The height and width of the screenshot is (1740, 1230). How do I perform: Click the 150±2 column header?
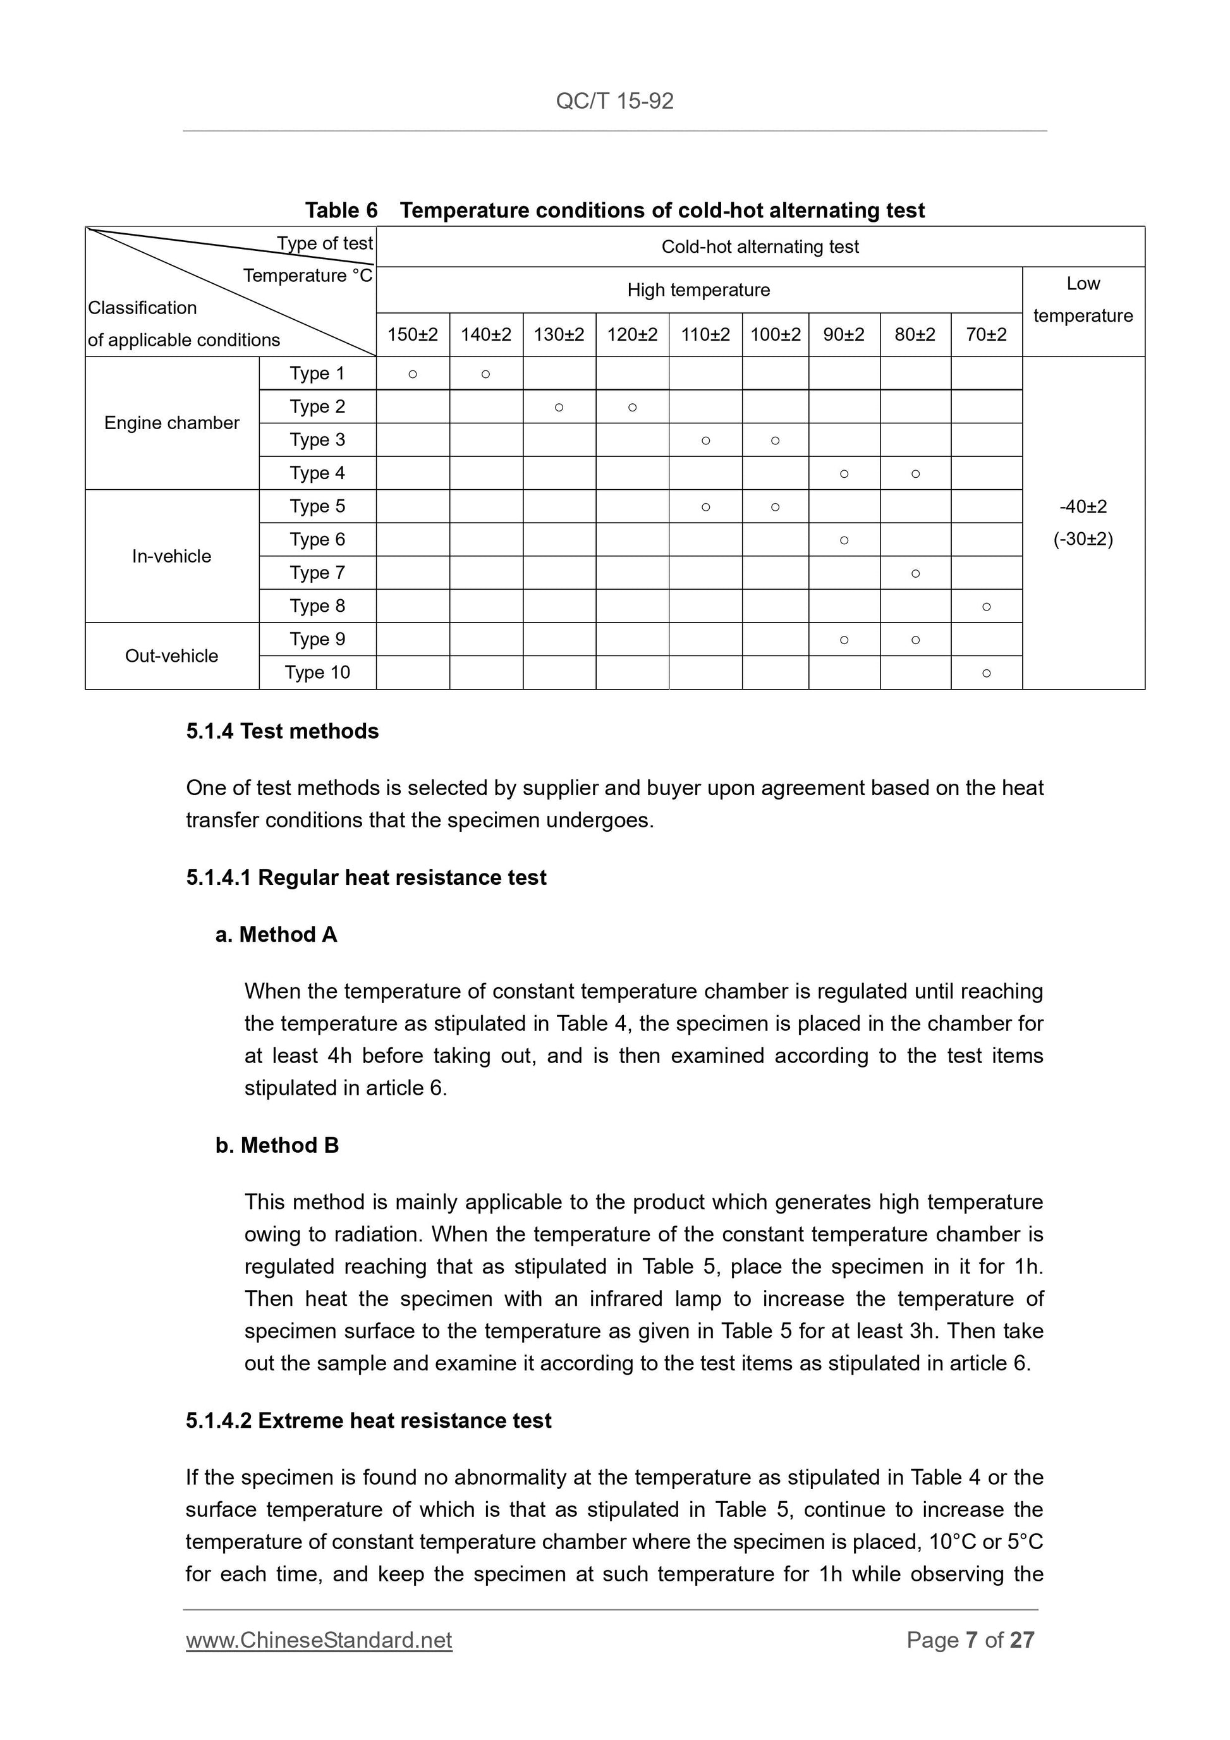[412, 334]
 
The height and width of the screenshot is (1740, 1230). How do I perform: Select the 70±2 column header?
[986, 334]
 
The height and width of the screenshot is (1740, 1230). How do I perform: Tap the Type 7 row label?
[317, 573]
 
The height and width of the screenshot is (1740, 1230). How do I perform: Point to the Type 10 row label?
[317, 672]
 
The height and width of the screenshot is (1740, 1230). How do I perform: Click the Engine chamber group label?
[171, 423]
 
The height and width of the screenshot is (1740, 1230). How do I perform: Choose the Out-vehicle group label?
[171, 655]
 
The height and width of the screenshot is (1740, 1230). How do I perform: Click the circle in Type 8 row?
[986, 606]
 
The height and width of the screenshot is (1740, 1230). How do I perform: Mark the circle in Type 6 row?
[844, 540]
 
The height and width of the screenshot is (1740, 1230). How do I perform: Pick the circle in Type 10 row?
[986, 673]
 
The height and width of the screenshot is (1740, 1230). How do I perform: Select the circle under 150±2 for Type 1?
[412, 374]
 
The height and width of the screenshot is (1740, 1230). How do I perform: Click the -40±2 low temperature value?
[1083, 506]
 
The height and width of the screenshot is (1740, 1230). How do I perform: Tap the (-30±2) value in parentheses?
[1083, 540]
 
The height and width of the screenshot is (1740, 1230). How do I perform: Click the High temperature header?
[698, 290]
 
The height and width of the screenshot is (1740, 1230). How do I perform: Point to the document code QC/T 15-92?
[614, 100]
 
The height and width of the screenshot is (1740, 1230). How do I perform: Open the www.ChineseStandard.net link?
[319, 1640]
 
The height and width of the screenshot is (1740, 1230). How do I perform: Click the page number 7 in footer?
[971, 1640]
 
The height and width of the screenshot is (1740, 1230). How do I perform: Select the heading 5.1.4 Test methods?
[282, 731]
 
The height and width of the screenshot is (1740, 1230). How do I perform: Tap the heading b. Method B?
[277, 1145]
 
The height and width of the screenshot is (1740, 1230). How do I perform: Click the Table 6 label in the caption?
[341, 210]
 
